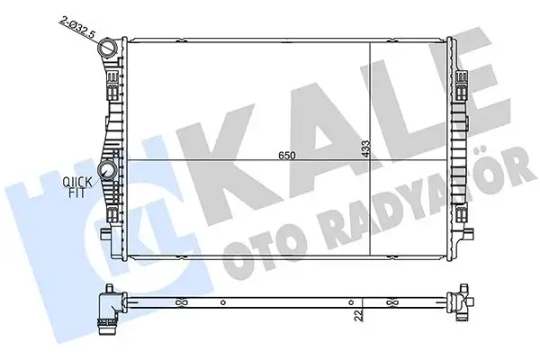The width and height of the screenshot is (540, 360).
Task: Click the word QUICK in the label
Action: [x=75, y=182]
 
